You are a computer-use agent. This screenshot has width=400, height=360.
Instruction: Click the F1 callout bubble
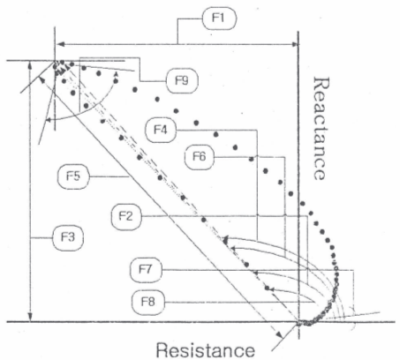click(x=219, y=19)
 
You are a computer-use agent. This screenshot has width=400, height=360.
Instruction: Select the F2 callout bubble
click(x=126, y=216)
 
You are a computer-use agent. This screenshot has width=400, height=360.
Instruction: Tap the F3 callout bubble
click(x=68, y=237)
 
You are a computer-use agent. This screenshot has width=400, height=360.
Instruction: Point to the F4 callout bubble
click(x=161, y=130)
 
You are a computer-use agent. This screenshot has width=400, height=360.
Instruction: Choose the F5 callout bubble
click(x=73, y=176)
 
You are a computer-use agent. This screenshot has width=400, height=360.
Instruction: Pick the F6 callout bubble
click(x=200, y=157)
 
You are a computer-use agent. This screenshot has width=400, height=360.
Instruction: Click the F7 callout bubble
click(x=146, y=269)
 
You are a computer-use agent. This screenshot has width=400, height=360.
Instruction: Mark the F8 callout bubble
click(x=148, y=302)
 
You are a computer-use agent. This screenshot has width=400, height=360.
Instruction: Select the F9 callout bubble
click(x=182, y=80)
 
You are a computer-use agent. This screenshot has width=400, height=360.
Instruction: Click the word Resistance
click(x=206, y=350)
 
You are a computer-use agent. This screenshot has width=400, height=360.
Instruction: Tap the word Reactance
click(x=321, y=128)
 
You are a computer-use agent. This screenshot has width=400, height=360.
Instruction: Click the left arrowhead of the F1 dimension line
click(x=60, y=44)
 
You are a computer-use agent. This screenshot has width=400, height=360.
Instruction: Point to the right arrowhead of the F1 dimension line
click(x=294, y=44)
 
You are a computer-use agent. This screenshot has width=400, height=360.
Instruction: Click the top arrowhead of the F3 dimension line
click(x=30, y=65)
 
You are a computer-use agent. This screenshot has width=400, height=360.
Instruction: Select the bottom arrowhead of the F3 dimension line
click(x=30, y=318)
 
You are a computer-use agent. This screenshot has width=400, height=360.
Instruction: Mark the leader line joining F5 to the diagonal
click(x=109, y=176)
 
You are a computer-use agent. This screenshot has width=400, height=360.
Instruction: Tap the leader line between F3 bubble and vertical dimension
click(x=42, y=237)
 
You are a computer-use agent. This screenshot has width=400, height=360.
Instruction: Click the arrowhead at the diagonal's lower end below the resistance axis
click(x=279, y=334)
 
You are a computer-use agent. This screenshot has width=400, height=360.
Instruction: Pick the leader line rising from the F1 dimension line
click(x=177, y=31)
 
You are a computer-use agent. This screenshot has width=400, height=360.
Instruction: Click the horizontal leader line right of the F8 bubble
click(x=238, y=302)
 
